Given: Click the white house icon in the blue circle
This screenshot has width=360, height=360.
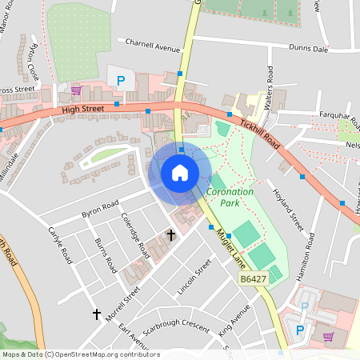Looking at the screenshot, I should (179, 173).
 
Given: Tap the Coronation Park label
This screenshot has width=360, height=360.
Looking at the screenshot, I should (230, 198).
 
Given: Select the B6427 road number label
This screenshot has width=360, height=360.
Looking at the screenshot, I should (252, 279).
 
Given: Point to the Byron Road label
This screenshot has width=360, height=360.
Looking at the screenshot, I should (100, 209).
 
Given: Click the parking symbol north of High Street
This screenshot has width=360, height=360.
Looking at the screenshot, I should (121, 80).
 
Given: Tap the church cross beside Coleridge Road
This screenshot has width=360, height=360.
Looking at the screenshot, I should (170, 234).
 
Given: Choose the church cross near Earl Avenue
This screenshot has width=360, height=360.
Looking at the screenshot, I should (97, 314).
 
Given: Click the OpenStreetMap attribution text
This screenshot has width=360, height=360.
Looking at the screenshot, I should (80, 354).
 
